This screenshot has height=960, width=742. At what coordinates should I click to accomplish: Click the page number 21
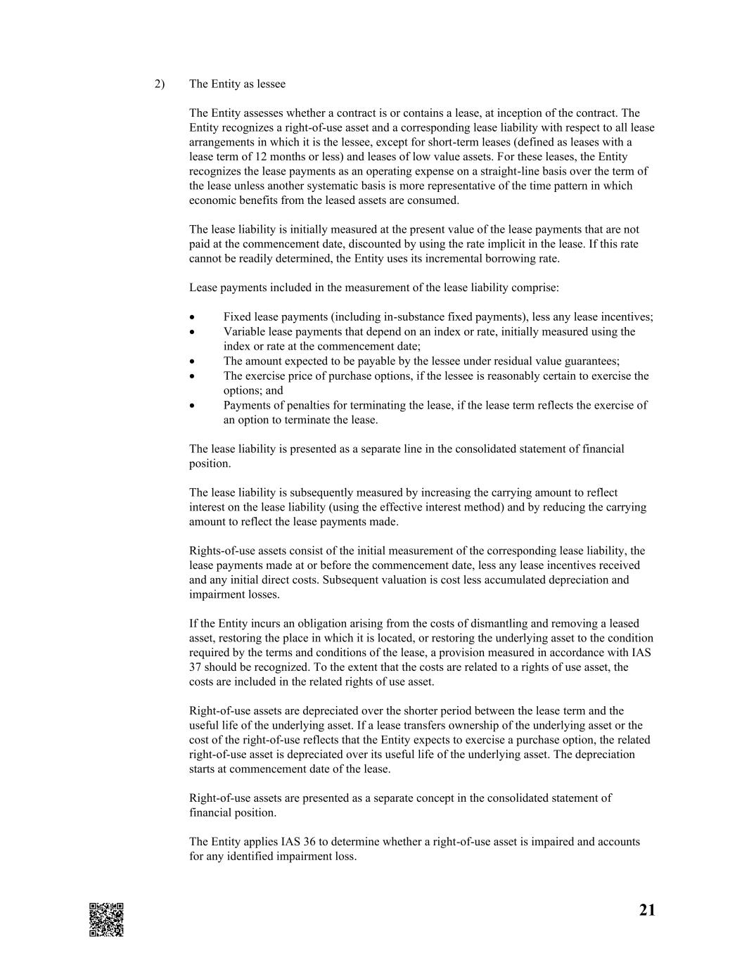(x=647, y=910)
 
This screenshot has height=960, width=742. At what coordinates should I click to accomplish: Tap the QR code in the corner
(x=106, y=919)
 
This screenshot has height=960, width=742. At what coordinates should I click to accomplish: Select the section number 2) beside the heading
(x=160, y=84)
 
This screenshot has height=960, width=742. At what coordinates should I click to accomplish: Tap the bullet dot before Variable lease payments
(x=192, y=332)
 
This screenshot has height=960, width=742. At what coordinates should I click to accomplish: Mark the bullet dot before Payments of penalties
(x=192, y=406)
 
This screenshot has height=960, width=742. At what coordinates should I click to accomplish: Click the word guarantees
(x=593, y=361)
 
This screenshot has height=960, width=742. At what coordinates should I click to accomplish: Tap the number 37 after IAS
(x=196, y=667)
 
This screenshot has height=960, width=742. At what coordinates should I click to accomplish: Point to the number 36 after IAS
(x=309, y=842)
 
